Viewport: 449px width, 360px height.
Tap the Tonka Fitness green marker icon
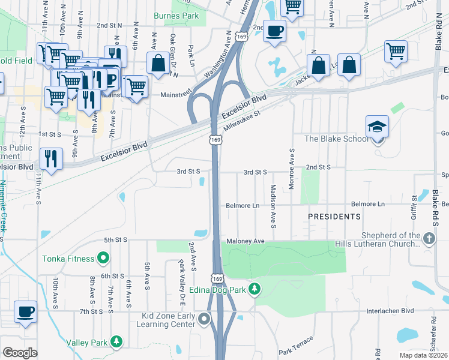[103, 259]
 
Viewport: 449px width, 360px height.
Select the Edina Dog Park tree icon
[255, 289]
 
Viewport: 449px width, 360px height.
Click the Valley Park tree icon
[116, 342]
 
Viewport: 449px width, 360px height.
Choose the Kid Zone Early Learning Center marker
[205, 319]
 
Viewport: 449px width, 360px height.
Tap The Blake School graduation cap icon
[378, 127]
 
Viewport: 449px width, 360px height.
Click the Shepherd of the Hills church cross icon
[429, 239]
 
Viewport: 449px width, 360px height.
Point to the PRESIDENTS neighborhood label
[334, 216]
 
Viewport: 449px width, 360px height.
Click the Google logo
[20, 353]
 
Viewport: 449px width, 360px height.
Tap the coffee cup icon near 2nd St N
[275, 31]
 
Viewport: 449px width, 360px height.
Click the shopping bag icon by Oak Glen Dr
[158, 63]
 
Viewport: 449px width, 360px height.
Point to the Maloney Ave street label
[245, 241]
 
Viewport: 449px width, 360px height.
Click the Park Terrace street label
[295, 344]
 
